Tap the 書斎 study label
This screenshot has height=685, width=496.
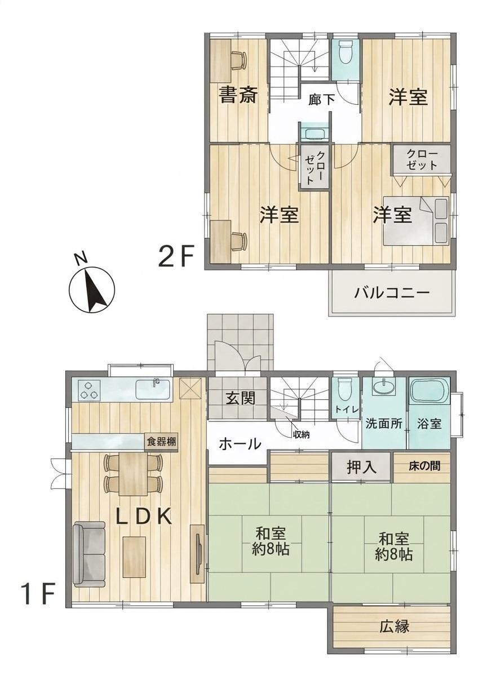[238, 95]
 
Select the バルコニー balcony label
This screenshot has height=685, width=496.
[392, 293]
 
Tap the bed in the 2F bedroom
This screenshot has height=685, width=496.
[416, 220]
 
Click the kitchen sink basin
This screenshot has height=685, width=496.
[153, 389]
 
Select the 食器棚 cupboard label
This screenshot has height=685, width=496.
[161, 443]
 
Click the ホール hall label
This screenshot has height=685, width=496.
[240, 444]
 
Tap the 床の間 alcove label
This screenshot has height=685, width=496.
[424, 466]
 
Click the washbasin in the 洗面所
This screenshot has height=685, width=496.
[384, 386]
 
